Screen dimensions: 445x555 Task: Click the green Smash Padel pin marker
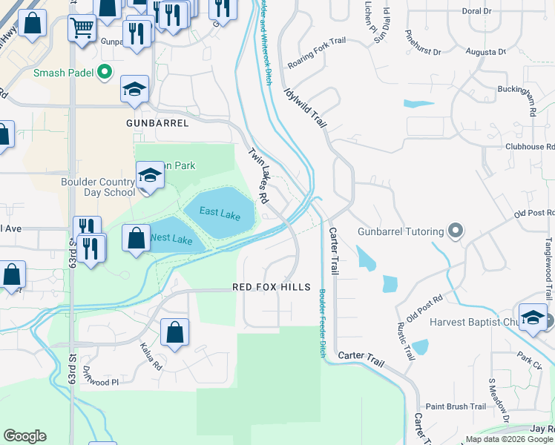[105, 73]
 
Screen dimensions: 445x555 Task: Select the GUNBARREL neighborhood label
[157, 123]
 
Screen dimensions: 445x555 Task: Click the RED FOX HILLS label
[271, 287]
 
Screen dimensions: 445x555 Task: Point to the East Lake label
[220, 214]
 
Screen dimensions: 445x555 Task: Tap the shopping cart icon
[82, 28]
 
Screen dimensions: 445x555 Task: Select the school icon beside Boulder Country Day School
[150, 177]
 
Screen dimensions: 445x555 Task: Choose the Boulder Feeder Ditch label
[323, 323]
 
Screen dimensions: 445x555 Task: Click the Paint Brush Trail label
[456, 406]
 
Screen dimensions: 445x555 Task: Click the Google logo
[24, 436]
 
